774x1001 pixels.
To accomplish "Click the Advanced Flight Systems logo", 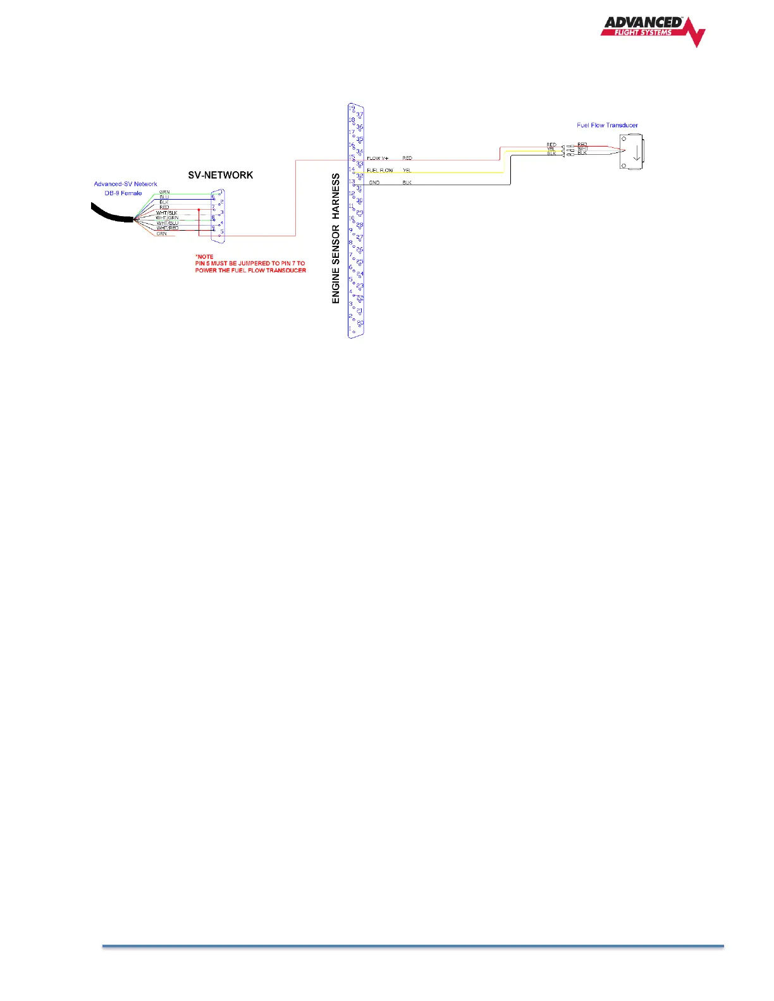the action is pyautogui.click(x=652, y=30).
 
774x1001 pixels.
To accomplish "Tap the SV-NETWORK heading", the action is pyautogui.click(x=220, y=175).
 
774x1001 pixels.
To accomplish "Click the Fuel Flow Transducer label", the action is pyautogui.click(x=607, y=125).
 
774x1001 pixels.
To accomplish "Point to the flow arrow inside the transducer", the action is pyautogui.click(x=636, y=152).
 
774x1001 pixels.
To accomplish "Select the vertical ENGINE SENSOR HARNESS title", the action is pyautogui.click(x=336, y=238).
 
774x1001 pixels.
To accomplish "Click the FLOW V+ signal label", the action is pyautogui.click(x=378, y=158).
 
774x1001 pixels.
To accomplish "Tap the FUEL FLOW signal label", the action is pyautogui.click(x=380, y=170).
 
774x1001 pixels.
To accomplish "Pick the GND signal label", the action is pyautogui.click(x=374, y=183).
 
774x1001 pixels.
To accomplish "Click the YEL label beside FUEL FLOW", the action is pyautogui.click(x=407, y=170).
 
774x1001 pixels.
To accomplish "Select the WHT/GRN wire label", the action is pyautogui.click(x=167, y=218).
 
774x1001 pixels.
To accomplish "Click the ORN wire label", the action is pyautogui.click(x=162, y=234).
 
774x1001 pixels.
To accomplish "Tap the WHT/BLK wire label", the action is pyautogui.click(x=167, y=213).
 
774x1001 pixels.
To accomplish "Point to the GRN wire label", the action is pyautogui.click(x=164, y=192).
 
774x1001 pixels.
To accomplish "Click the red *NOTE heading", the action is pyautogui.click(x=205, y=257).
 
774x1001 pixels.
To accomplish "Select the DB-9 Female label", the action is pyautogui.click(x=123, y=193).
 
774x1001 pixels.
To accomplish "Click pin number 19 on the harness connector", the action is pyautogui.click(x=352, y=108).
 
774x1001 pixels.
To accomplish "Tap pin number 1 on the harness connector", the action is pyautogui.click(x=350, y=328).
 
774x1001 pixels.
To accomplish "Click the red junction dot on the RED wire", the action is pyautogui.click(x=199, y=209).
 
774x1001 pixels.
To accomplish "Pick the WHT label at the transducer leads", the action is pyautogui.click(x=582, y=149).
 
